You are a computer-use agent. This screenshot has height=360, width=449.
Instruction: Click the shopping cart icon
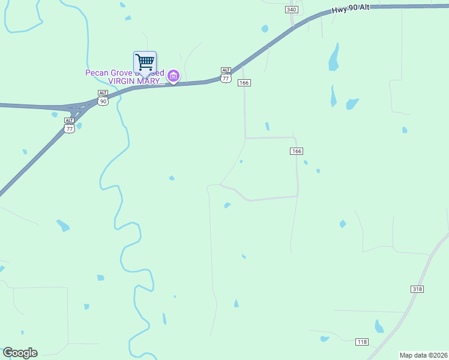(145, 62)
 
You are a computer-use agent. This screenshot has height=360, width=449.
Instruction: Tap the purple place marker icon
(173, 76)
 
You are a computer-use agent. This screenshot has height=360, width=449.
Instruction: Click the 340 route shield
(292, 10)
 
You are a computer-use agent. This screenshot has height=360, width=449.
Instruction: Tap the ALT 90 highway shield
(103, 98)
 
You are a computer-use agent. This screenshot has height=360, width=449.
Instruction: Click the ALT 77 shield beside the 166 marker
(226, 76)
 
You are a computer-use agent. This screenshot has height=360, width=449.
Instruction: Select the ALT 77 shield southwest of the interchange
(70, 126)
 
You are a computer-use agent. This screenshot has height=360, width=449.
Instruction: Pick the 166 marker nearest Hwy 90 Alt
(244, 82)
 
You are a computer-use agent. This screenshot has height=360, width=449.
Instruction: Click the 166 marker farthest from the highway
(297, 151)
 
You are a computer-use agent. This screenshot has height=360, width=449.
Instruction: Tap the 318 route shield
(417, 289)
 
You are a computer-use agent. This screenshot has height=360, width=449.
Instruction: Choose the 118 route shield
(361, 342)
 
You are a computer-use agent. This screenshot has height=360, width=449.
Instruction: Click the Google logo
(20, 353)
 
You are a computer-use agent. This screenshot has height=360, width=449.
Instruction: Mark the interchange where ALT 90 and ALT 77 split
(77, 109)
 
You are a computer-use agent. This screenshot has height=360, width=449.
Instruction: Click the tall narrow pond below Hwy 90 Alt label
(334, 58)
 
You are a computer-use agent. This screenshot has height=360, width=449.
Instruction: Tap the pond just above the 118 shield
(379, 326)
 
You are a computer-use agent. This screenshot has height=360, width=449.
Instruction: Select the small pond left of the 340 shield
(265, 28)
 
